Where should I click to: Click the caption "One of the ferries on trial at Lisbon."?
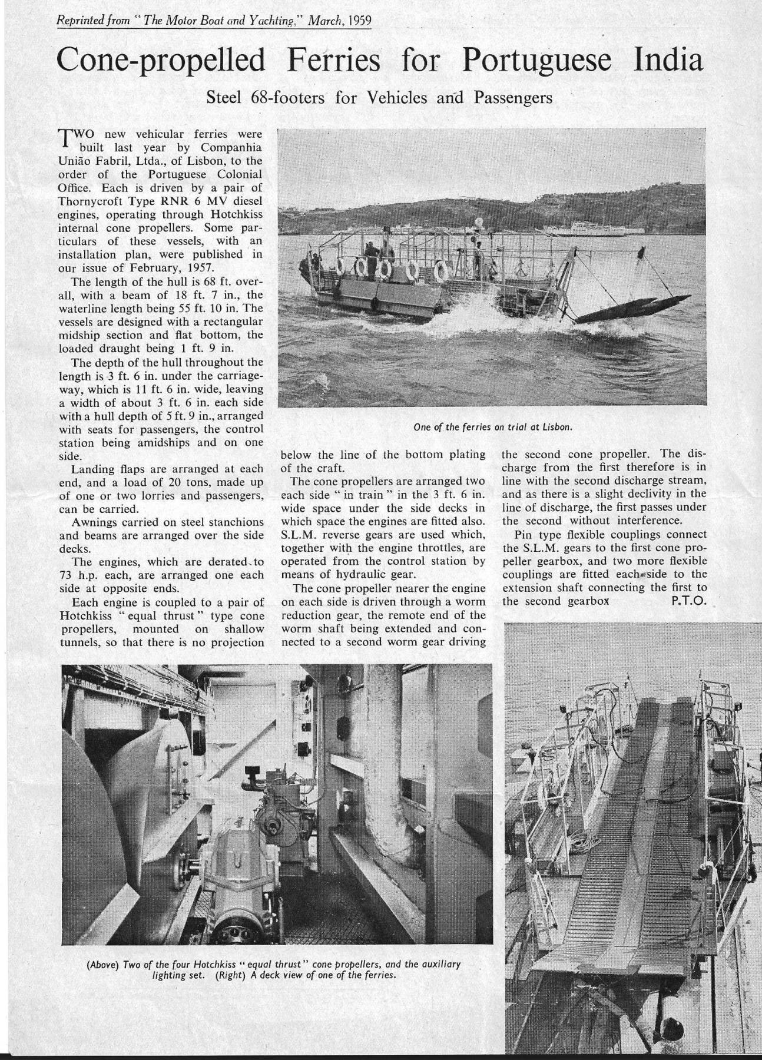(x=493, y=427)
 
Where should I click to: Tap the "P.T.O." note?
(x=688, y=601)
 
